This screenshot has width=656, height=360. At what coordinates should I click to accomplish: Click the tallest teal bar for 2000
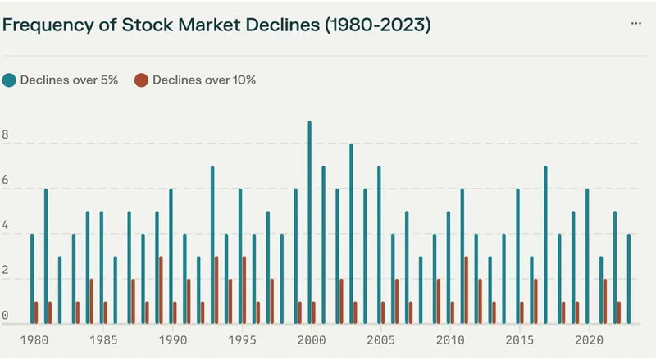309,221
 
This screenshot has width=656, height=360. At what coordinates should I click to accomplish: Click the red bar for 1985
106,312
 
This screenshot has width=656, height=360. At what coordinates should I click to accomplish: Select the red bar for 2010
452,312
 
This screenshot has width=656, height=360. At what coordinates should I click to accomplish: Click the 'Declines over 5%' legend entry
65,80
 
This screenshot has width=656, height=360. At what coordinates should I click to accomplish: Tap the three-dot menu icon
636,24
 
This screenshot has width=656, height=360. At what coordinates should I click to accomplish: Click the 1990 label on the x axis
171,339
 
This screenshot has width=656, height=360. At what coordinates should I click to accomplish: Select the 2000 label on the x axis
310,339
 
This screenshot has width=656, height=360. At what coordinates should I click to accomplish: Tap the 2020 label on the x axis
587,339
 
